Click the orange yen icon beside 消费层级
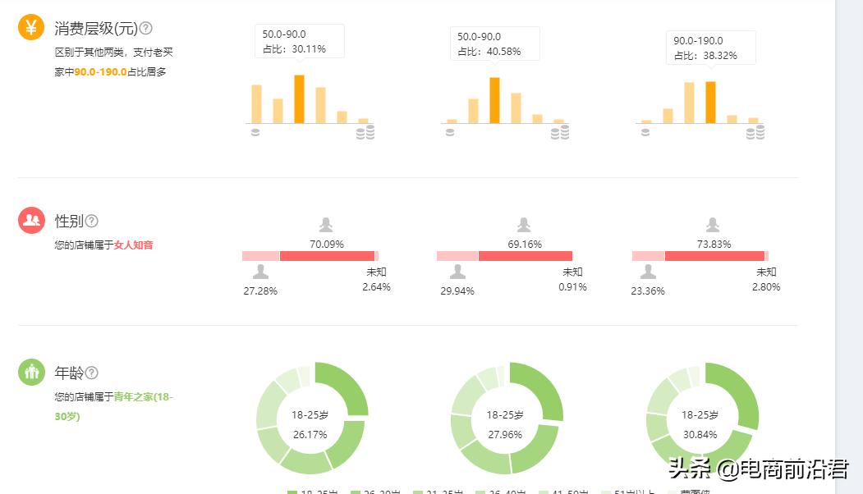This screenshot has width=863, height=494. click(31, 28)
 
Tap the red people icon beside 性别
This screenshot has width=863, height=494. click(31, 220)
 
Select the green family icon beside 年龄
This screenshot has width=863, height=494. click(31, 372)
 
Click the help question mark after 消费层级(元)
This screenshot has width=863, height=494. click(145, 28)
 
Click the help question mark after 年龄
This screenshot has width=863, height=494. click(92, 373)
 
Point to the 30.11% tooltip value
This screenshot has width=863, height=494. click(309, 49)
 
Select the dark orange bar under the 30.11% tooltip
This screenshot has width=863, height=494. click(299, 98)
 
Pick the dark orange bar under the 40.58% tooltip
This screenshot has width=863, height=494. click(494, 100)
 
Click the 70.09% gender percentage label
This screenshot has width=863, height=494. click(326, 244)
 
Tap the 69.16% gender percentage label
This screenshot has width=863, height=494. click(525, 244)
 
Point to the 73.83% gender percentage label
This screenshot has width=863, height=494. click(714, 244)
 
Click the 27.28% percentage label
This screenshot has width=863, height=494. click(260, 291)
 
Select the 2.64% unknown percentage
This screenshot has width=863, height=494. click(376, 287)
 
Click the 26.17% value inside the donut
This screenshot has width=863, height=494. click(310, 434)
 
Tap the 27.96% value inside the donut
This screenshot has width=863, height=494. click(505, 434)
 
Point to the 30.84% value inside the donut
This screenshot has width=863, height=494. click(700, 434)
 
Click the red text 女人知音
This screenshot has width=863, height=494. click(133, 245)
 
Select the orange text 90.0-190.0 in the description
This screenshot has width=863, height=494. click(100, 72)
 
